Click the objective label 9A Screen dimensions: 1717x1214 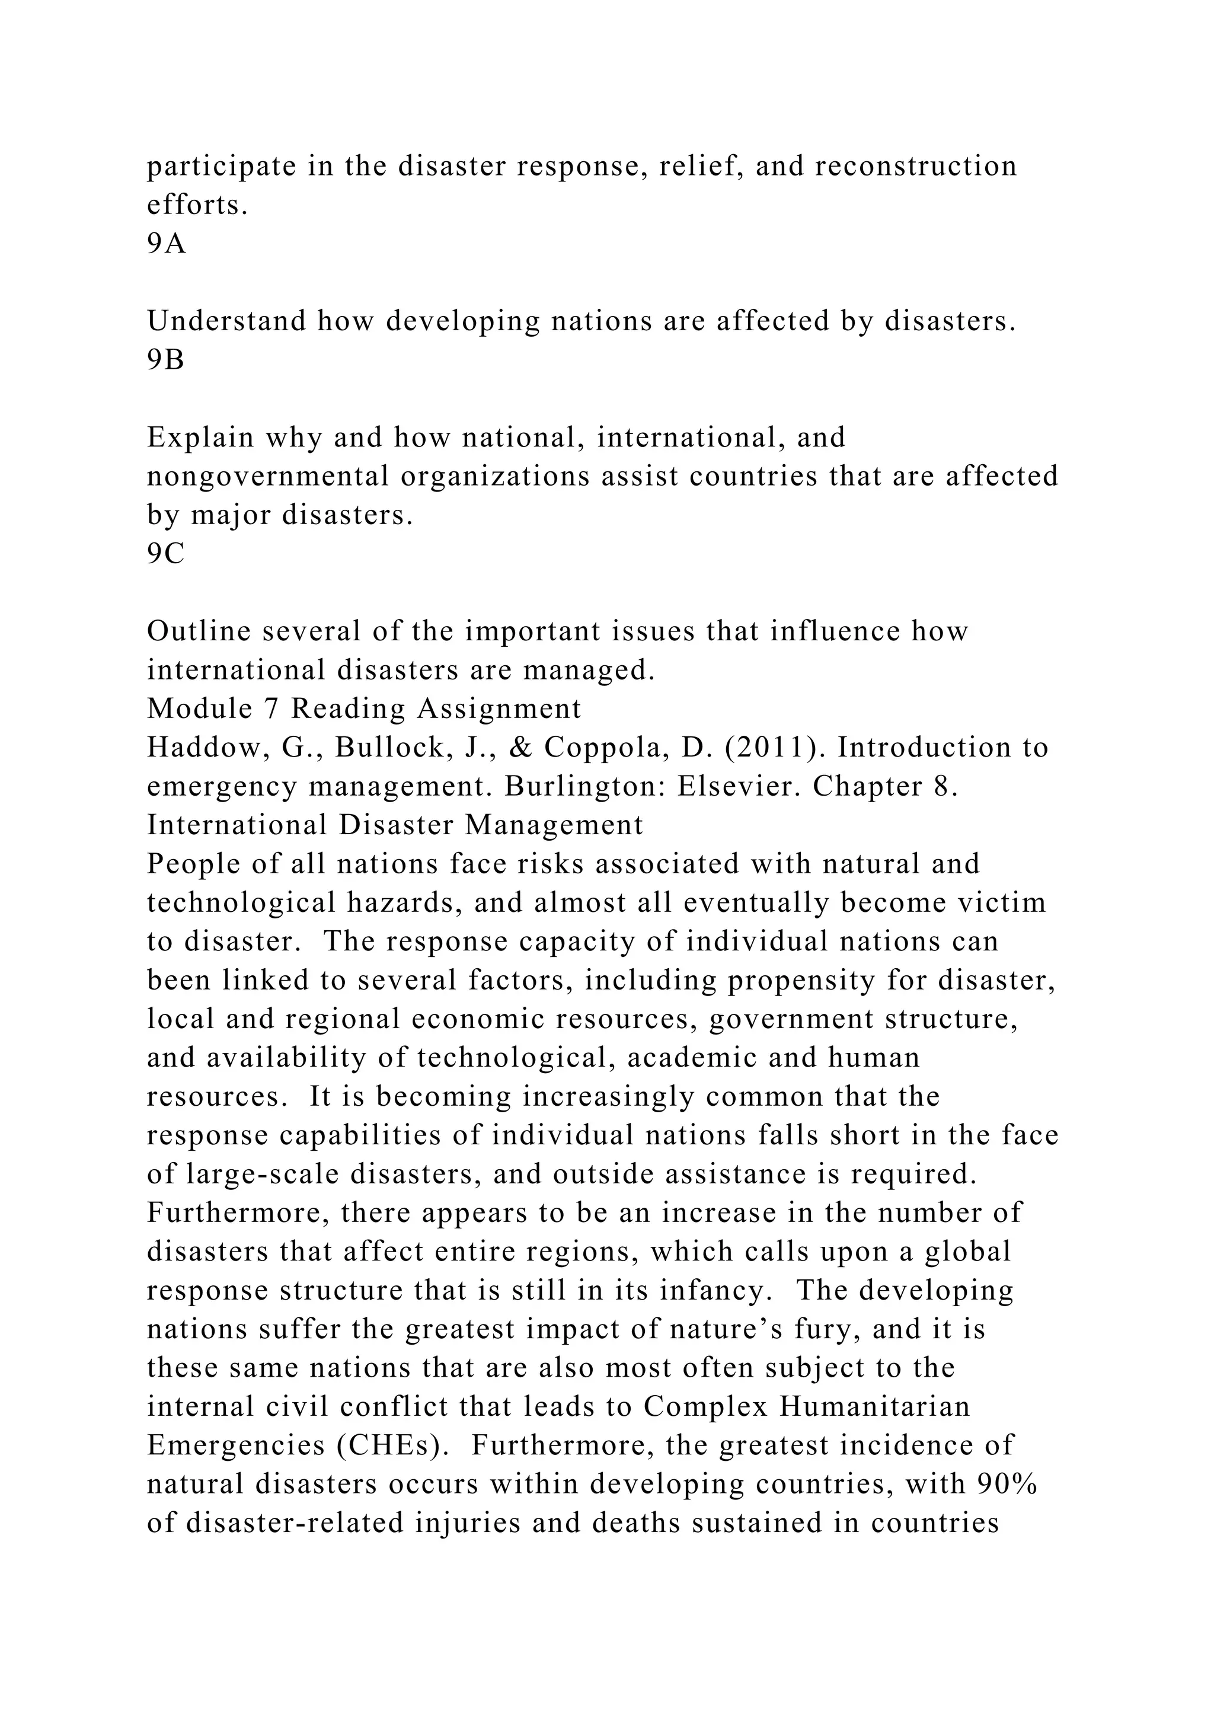click(x=166, y=244)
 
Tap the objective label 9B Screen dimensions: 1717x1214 click(x=165, y=360)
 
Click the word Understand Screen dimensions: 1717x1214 click(x=225, y=321)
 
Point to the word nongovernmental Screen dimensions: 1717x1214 click(x=267, y=476)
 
